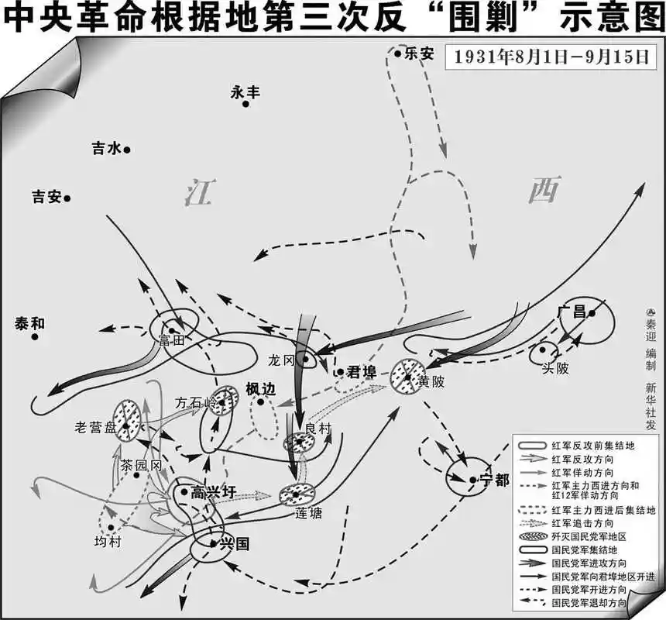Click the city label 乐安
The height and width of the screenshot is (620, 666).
tap(418, 54)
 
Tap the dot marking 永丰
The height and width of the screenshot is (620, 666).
tap(246, 103)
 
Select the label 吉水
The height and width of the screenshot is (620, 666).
tap(106, 150)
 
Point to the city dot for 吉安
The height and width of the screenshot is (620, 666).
tap(68, 198)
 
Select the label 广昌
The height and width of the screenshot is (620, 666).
tap(570, 312)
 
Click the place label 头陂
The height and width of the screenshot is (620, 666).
tap(556, 369)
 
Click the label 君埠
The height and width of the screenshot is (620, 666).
tap(362, 371)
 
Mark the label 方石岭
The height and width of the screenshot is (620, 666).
tap(194, 402)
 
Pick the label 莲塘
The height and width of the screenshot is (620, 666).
tap(308, 512)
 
